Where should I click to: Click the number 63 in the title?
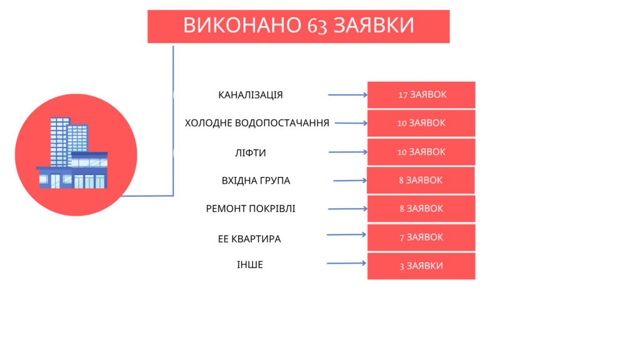(x=317, y=26)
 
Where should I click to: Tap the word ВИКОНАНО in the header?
(x=242, y=25)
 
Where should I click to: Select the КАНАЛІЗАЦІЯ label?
(x=251, y=95)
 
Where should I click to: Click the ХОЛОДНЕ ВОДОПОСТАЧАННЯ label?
(x=257, y=123)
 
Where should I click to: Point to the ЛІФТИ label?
(x=251, y=153)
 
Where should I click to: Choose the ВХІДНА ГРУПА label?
(x=256, y=181)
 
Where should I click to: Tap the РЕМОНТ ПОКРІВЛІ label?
(x=251, y=209)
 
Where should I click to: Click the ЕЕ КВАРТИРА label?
(x=249, y=239)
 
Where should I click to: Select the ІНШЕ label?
(x=250, y=265)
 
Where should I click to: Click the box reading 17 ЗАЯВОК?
(x=421, y=95)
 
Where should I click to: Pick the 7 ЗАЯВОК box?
(x=421, y=237)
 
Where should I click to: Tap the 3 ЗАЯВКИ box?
(x=421, y=266)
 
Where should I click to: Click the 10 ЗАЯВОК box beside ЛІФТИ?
(x=421, y=152)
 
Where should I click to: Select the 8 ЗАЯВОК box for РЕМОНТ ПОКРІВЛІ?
(x=421, y=209)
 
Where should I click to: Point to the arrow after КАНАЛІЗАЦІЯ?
(x=347, y=95)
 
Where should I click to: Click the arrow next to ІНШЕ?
(x=346, y=263)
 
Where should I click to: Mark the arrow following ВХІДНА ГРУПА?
(x=350, y=181)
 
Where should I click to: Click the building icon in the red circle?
(x=72, y=153)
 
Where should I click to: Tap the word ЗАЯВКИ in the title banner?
(x=374, y=25)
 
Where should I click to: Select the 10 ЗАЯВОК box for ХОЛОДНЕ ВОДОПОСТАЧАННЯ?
(x=421, y=123)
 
